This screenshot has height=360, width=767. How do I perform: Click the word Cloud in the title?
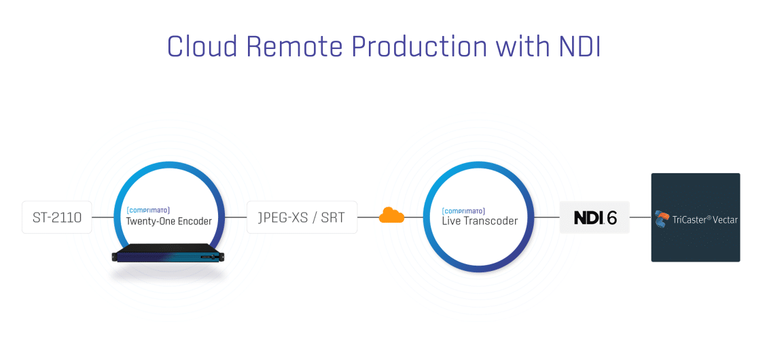(202, 47)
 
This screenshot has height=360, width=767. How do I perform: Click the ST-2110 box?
(57, 217)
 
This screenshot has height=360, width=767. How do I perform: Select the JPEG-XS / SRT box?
(302, 217)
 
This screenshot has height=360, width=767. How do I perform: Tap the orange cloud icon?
(391, 215)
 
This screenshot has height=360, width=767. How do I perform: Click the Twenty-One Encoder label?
(168, 221)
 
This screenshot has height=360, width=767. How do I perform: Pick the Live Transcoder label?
(480, 221)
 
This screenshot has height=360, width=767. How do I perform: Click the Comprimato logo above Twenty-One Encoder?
(147, 211)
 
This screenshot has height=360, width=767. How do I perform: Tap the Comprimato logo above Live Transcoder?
(463, 211)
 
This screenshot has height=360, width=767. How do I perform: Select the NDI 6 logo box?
(595, 217)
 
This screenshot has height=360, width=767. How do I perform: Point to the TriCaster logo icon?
(662, 219)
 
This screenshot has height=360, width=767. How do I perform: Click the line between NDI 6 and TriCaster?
(641, 217)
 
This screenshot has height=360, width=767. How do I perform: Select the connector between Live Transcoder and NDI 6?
(546, 217)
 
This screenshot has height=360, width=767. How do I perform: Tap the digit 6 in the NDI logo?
(611, 217)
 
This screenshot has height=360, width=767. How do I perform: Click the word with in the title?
(522, 47)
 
